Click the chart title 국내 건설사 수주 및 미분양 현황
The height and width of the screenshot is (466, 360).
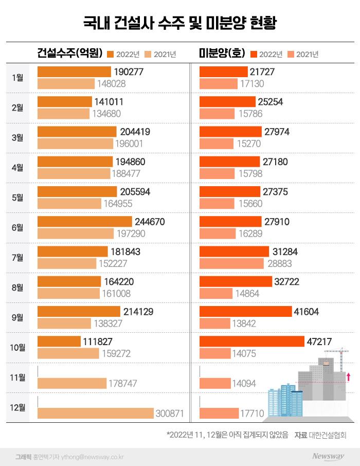tap(180, 23)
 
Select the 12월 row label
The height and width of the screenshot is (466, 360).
tap(17, 407)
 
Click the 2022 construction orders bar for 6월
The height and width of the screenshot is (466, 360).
tap(85, 222)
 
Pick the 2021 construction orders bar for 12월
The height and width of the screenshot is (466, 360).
tap(96, 413)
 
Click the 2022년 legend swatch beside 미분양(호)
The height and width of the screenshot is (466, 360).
tap(253, 53)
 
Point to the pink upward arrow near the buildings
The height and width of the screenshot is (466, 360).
tap(348, 377)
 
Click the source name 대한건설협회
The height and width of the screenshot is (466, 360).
tap(328, 435)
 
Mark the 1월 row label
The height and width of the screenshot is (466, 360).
tap(17, 78)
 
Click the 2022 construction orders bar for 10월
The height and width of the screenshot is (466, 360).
tap(59, 342)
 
